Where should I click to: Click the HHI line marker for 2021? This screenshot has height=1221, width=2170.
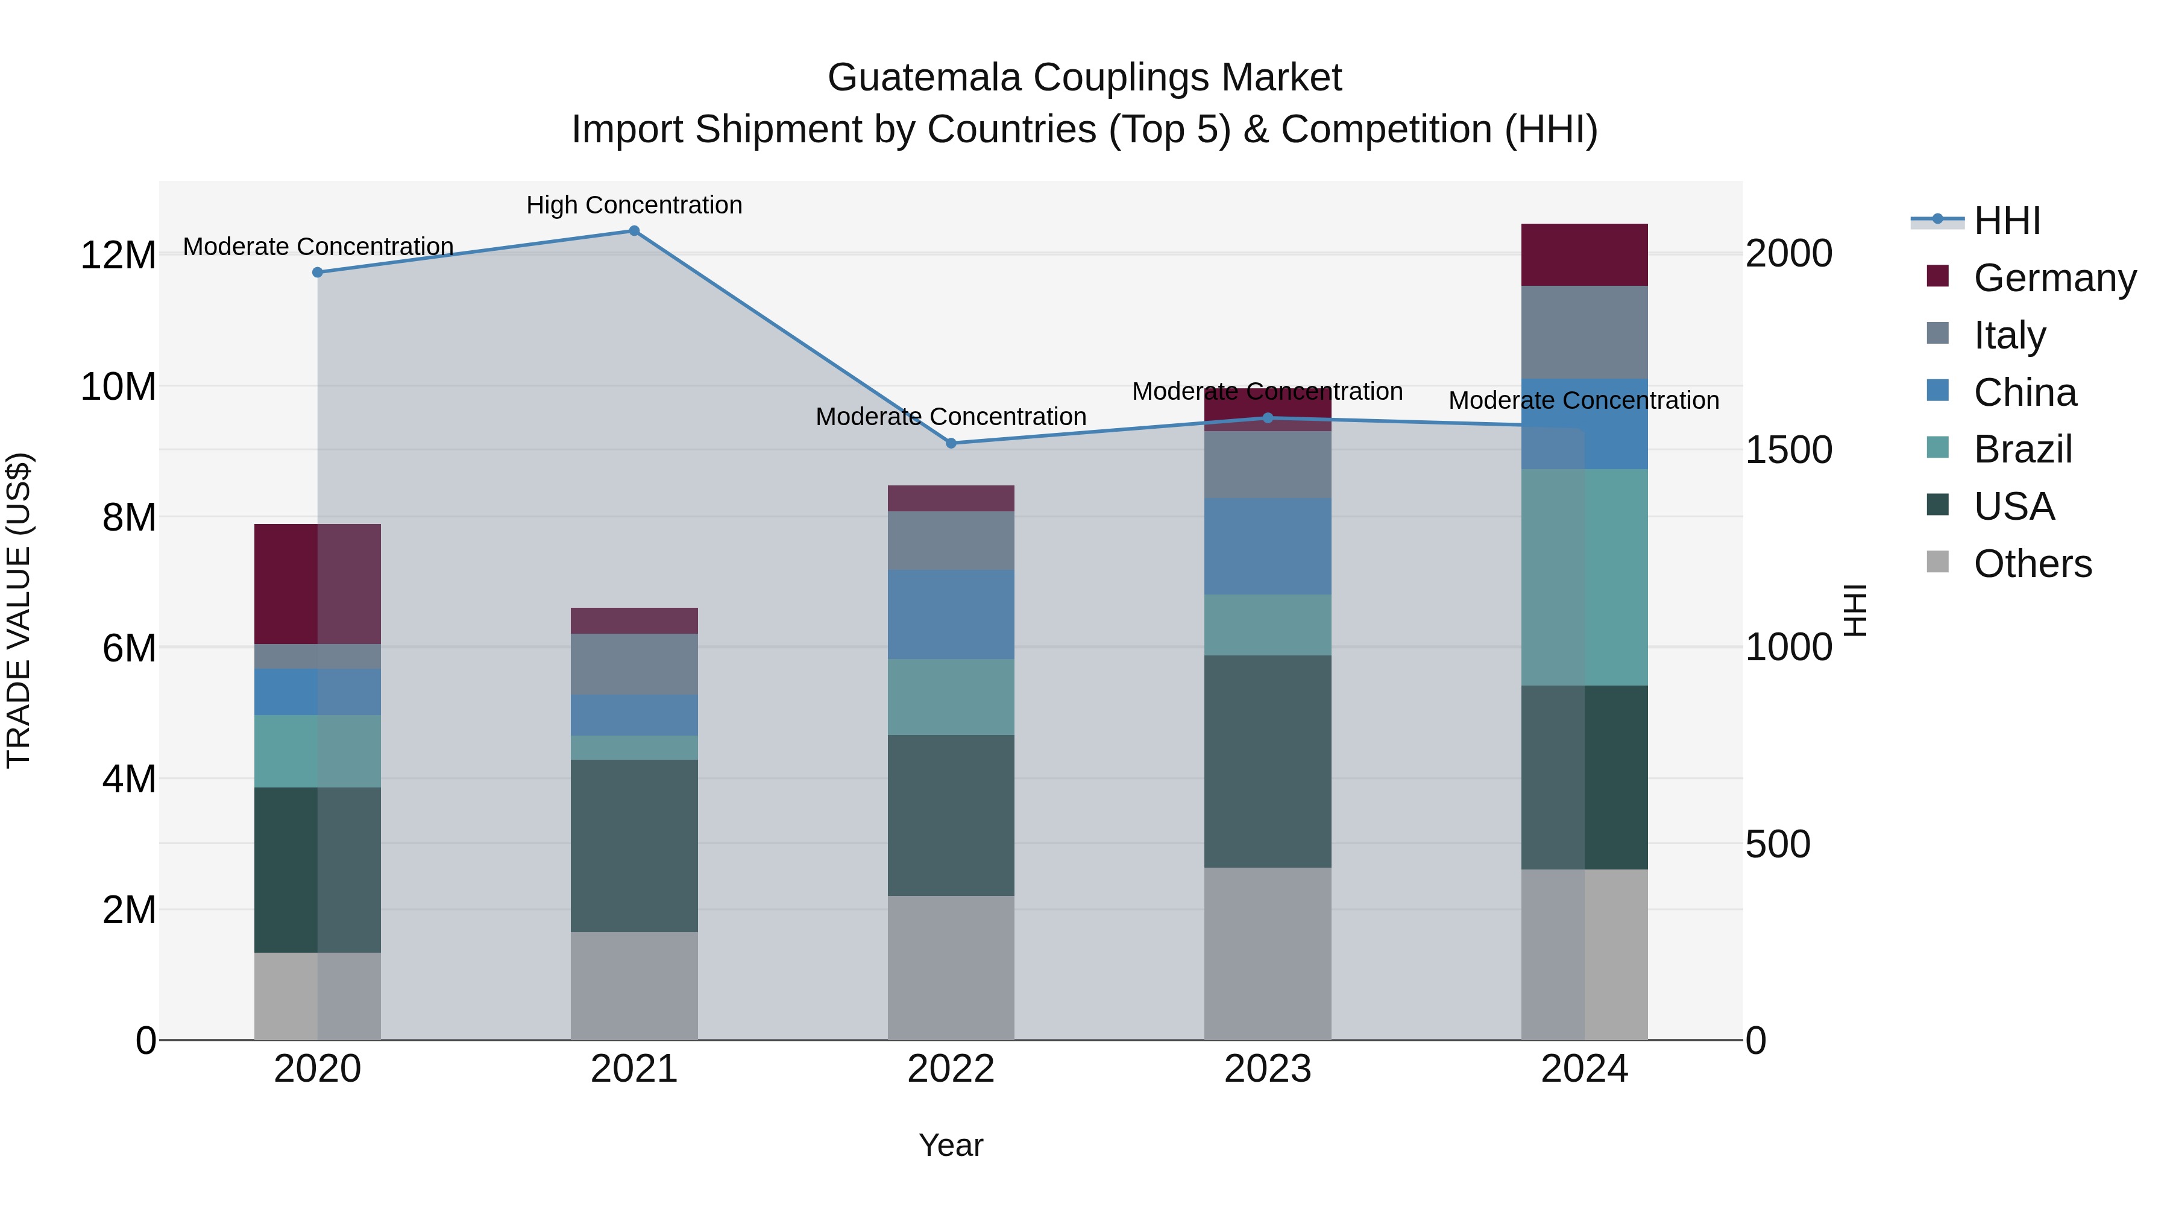(x=634, y=231)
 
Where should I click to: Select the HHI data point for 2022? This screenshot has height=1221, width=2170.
(x=951, y=443)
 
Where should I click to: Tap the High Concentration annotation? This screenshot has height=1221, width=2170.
(x=634, y=205)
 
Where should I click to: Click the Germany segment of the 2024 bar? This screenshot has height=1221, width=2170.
(x=1583, y=254)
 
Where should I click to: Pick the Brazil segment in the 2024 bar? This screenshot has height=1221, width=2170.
(x=1583, y=577)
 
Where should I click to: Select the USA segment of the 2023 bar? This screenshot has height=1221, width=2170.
(x=1267, y=761)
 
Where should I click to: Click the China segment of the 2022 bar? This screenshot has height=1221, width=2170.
(x=951, y=614)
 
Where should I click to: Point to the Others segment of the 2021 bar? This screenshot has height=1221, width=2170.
(x=634, y=985)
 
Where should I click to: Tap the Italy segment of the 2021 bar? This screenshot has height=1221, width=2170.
(x=634, y=664)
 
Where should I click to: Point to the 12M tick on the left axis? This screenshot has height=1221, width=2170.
(x=118, y=255)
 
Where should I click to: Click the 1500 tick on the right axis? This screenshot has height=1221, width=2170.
(x=1788, y=450)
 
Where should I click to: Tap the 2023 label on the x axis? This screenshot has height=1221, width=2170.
(x=1267, y=1069)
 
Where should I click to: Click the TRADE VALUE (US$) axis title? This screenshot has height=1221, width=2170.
(x=19, y=610)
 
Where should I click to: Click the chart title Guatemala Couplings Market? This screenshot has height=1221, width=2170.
(x=1084, y=78)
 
